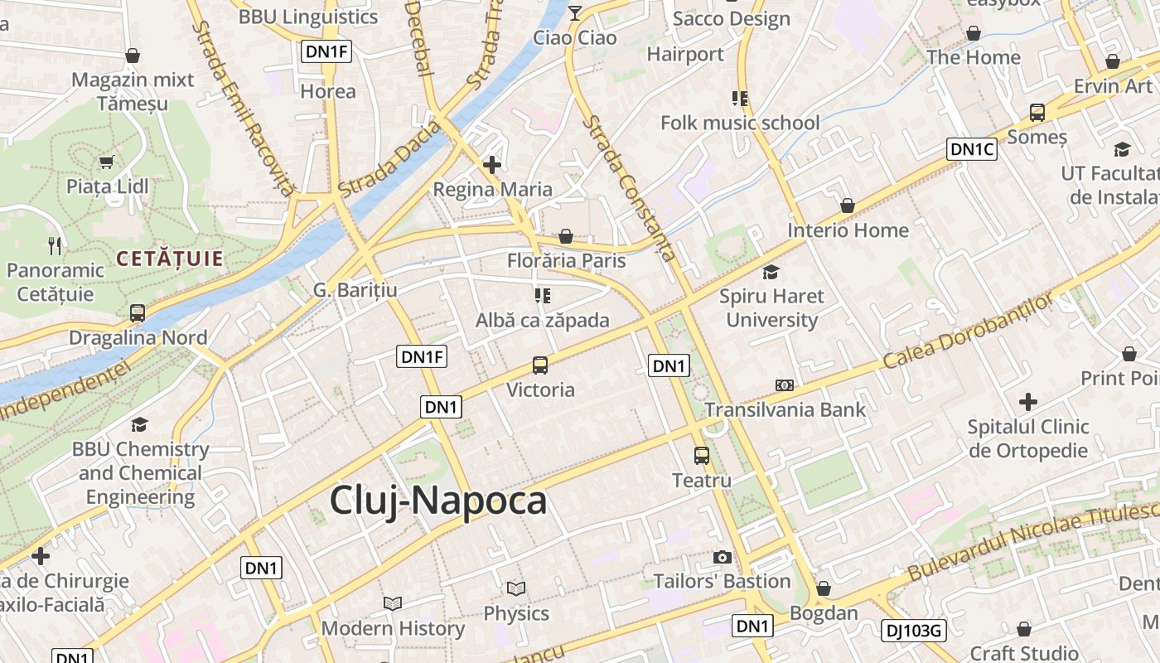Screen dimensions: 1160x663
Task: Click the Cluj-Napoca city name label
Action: (x=438, y=501)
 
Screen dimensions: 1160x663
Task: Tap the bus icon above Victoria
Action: (x=539, y=365)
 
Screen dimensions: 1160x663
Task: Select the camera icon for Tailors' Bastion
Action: (x=722, y=557)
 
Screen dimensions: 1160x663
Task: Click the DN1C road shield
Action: (x=972, y=149)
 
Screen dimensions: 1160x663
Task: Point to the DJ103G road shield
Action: (x=912, y=631)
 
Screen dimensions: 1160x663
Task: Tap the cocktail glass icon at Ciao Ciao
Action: (x=575, y=12)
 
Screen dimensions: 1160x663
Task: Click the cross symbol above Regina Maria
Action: (x=492, y=165)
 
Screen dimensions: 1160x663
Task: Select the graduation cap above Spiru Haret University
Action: (x=771, y=272)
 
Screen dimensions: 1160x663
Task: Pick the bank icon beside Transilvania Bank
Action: (x=785, y=385)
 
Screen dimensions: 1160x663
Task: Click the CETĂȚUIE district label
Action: (x=170, y=259)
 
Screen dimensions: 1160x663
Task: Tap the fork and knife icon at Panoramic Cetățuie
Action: (x=55, y=245)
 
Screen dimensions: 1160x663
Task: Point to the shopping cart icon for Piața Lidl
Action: (x=106, y=162)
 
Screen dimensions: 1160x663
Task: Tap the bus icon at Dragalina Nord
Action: (x=138, y=313)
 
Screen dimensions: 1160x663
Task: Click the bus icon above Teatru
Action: (x=701, y=455)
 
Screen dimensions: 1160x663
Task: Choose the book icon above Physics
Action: (x=516, y=589)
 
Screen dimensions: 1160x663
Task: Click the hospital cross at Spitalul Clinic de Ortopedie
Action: (x=1028, y=403)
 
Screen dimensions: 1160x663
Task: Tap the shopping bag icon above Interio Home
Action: (x=847, y=206)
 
